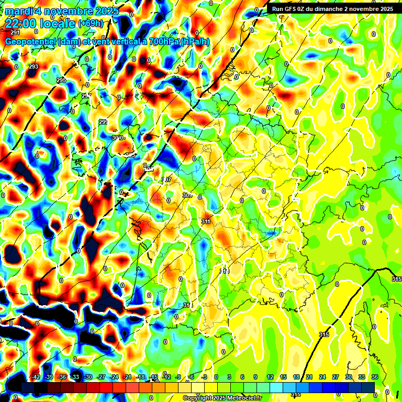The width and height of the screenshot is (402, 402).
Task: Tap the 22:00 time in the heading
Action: [20, 23]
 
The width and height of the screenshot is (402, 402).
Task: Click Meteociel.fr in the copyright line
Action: [241, 398]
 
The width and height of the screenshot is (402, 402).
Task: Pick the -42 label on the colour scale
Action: [36, 377]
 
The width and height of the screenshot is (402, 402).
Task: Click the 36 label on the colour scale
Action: [374, 377]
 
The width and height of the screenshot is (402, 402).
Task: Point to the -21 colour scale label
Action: [127, 377]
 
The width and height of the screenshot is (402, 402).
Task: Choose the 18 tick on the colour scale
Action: [296, 377]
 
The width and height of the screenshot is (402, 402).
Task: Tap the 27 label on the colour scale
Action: [336, 377]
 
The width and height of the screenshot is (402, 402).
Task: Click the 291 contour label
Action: [15, 32]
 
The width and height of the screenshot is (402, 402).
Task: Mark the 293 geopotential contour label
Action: [33, 66]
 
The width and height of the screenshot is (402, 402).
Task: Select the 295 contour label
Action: [61, 80]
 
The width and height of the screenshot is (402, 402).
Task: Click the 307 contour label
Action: [166, 180]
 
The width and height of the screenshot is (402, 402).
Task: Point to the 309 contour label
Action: [187, 195]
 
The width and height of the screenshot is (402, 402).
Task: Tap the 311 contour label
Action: [206, 221]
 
